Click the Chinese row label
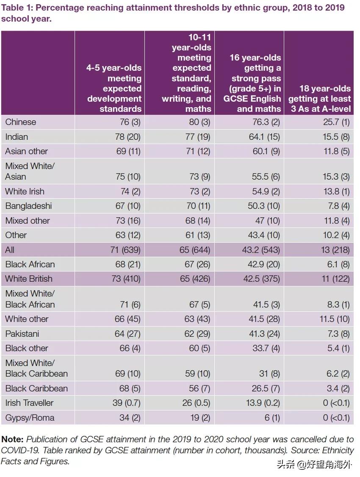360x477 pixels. pyautogui.click(x=21, y=122)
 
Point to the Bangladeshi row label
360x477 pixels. pyautogui.click(x=28, y=206)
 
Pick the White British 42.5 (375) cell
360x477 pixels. pyautogui.click(x=261, y=279)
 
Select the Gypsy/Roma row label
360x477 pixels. pyautogui.click(x=30, y=418)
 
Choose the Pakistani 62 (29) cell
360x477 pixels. pyautogui.click(x=197, y=334)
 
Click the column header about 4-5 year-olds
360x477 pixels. pyautogui.click(x=114, y=88)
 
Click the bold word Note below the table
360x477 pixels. pyautogui.click(x=12, y=439)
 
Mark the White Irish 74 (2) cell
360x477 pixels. pyautogui.click(x=130, y=191)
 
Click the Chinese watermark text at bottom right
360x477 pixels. pyautogui.click(x=314, y=465)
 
